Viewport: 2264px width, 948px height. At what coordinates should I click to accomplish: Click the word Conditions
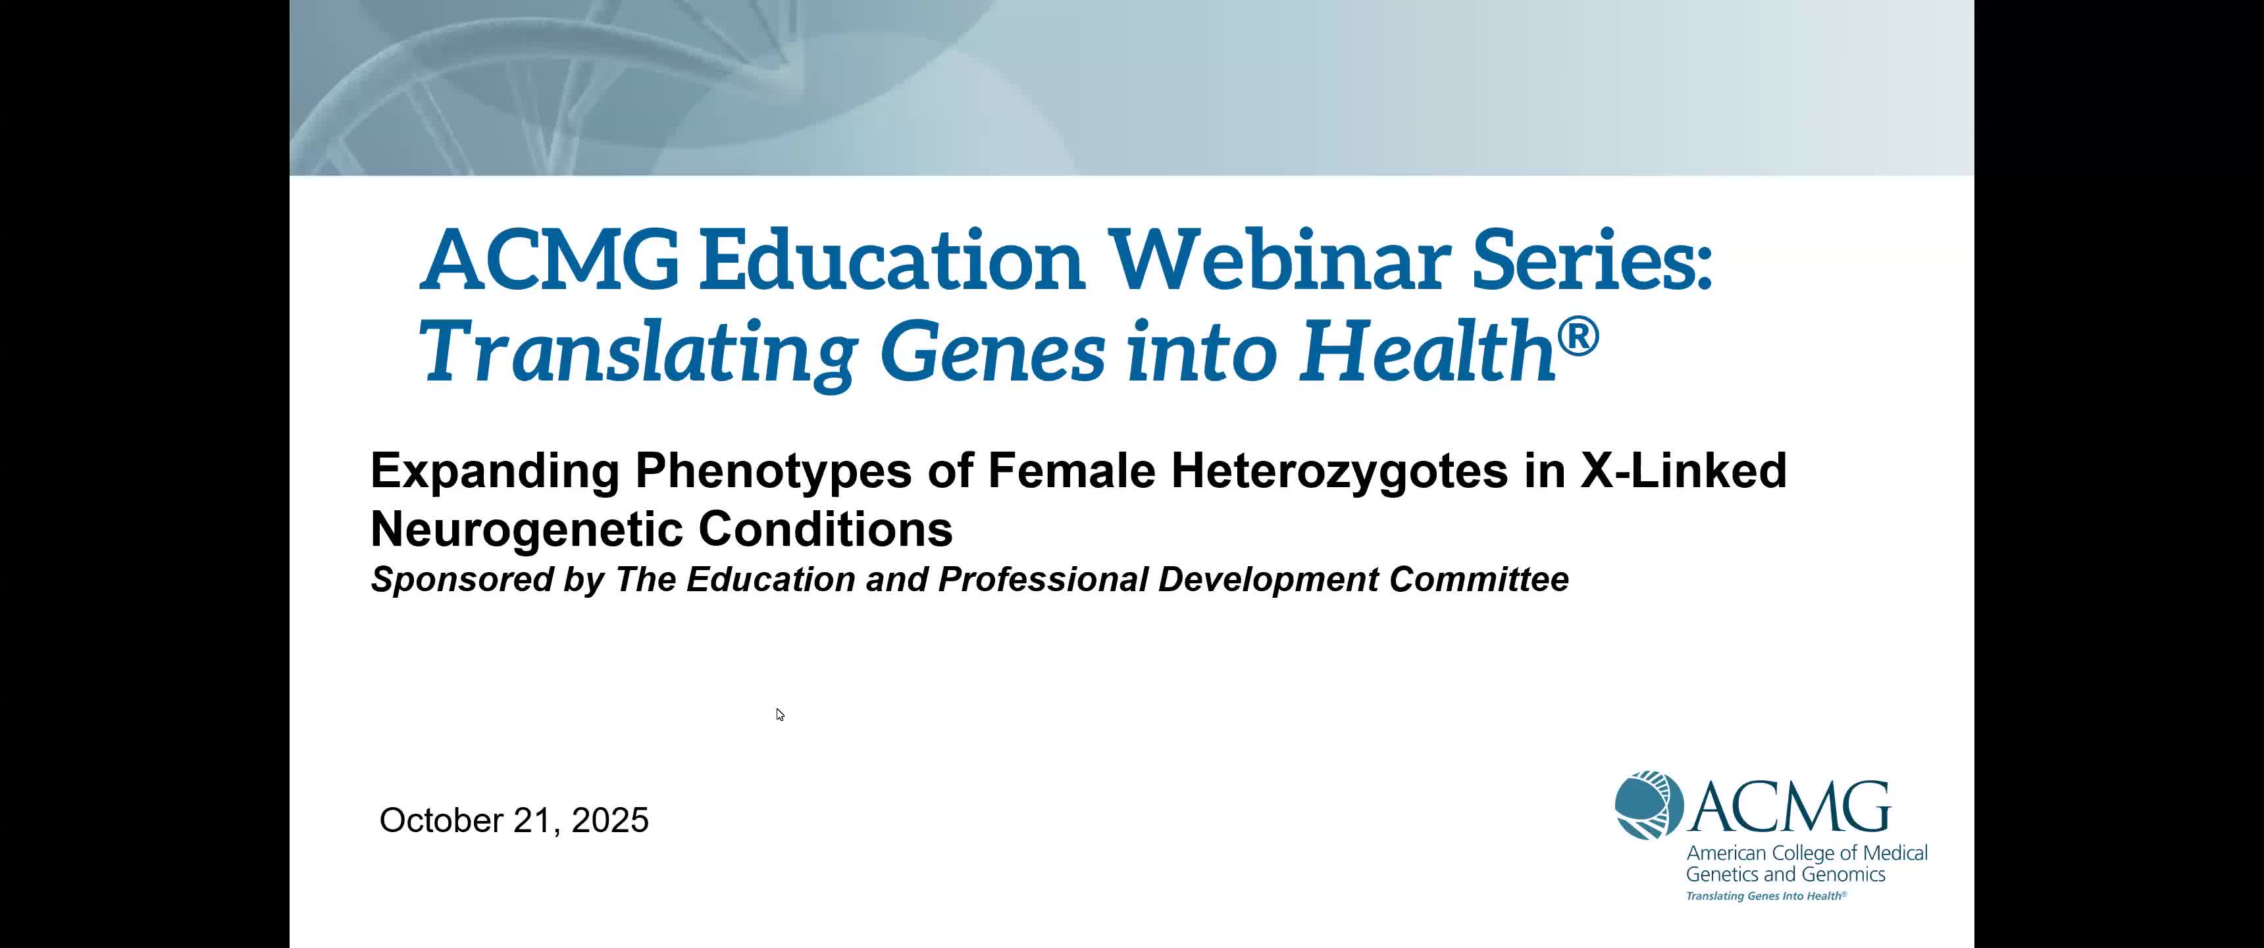(826, 529)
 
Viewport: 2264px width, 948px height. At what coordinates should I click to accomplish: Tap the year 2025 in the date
(610, 820)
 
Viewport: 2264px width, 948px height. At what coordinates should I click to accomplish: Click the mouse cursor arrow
(781, 715)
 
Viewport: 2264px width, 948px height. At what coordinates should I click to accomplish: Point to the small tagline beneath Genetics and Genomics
(1766, 896)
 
